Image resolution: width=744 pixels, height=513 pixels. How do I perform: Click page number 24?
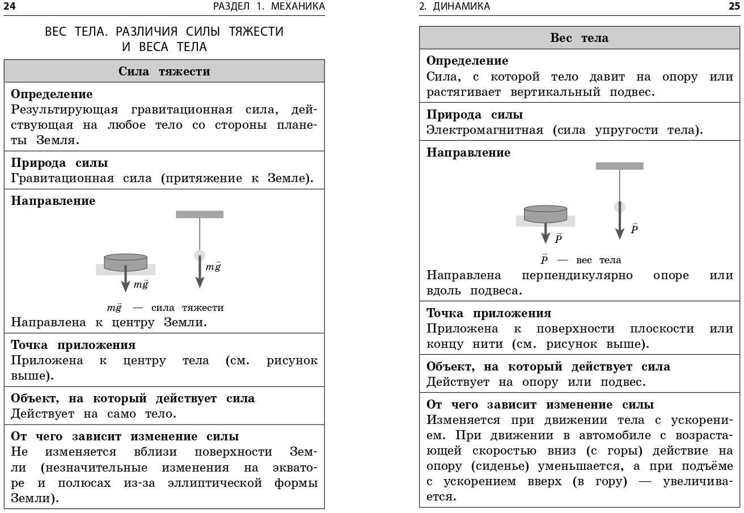point(10,6)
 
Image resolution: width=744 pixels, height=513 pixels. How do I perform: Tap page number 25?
point(734,6)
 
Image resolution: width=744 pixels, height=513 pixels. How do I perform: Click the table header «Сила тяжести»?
point(164,72)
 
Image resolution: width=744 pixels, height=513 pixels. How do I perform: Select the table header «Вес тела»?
point(579,38)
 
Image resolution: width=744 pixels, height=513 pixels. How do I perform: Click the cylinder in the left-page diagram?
point(125,262)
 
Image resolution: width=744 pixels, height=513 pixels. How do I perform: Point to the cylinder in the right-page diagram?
point(545,213)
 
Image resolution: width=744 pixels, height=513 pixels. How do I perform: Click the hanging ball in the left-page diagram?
point(200,255)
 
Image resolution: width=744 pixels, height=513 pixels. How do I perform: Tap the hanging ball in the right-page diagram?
point(619,207)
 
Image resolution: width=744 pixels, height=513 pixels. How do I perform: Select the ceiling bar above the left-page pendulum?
point(200,215)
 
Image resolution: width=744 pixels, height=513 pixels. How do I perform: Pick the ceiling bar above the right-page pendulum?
point(619,166)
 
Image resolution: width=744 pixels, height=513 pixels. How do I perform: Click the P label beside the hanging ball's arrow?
point(634,229)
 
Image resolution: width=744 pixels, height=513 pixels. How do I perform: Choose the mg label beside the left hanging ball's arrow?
point(213,267)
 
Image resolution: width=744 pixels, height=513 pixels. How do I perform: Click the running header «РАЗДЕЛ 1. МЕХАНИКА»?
point(269,6)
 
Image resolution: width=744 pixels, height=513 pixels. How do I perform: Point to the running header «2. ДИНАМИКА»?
point(454,6)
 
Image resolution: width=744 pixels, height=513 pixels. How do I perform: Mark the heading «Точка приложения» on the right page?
point(488,313)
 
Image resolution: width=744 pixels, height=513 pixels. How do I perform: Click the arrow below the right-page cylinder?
point(546,233)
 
